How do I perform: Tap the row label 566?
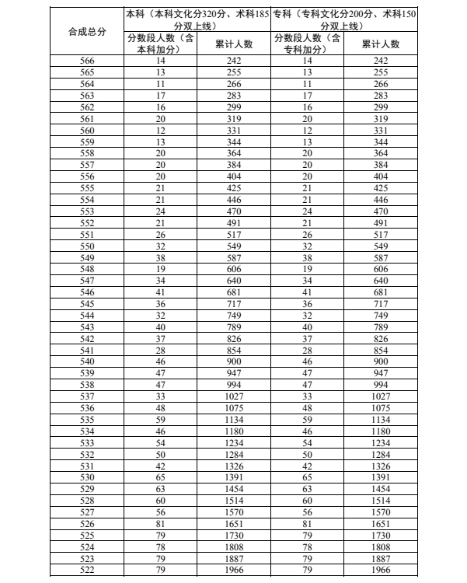tap(87, 60)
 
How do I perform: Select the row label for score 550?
tap(87, 245)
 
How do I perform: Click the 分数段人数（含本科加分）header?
tap(161, 44)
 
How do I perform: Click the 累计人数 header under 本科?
tap(234, 44)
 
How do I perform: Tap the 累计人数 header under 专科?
tap(381, 44)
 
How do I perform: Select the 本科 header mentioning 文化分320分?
tap(197, 19)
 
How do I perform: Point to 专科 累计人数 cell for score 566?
tap(381, 60)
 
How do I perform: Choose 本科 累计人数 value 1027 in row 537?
tap(234, 395)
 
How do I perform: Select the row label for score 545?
tap(87, 302)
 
